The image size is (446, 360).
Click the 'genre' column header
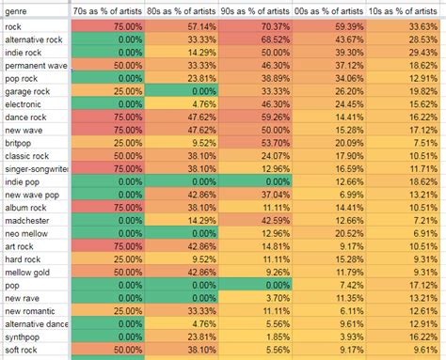click(17, 9)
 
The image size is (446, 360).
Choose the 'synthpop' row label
click(26, 337)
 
